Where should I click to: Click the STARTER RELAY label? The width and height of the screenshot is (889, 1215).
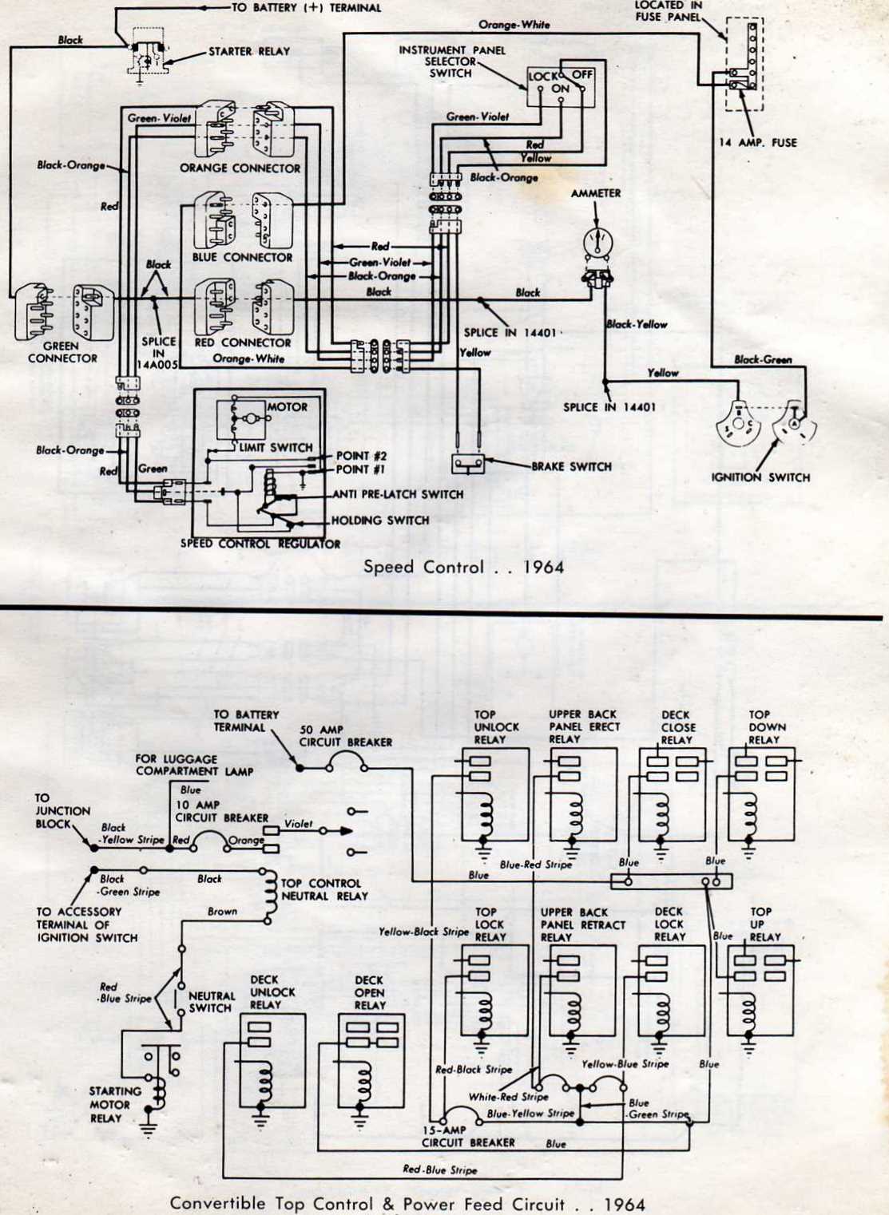[x=249, y=52]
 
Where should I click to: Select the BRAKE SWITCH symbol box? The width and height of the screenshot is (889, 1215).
[x=469, y=465]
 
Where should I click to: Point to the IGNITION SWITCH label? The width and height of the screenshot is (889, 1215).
[x=760, y=477]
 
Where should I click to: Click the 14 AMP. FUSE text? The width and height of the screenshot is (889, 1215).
[x=758, y=143]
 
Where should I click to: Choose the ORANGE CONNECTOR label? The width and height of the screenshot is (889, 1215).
[x=240, y=168]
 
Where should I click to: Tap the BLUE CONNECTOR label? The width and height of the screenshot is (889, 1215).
[x=242, y=257]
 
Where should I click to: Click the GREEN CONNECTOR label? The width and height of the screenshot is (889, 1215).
[x=62, y=352]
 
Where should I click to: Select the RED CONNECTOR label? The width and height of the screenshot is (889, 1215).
[x=243, y=342]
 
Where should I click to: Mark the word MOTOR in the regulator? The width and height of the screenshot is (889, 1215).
[x=287, y=407]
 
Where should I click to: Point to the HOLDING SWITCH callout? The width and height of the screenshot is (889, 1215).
[x=380, y=520]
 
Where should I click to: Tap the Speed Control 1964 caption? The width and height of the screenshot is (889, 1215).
[x=463, y=568]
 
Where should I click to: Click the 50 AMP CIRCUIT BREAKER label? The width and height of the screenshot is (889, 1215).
[x=345, y=735]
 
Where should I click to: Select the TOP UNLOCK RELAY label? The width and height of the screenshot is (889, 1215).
[x=496, y=726]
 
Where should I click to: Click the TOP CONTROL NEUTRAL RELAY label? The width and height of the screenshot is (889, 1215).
[x=324, y=889]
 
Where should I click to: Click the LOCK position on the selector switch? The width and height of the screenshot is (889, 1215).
[x=542, y=77]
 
